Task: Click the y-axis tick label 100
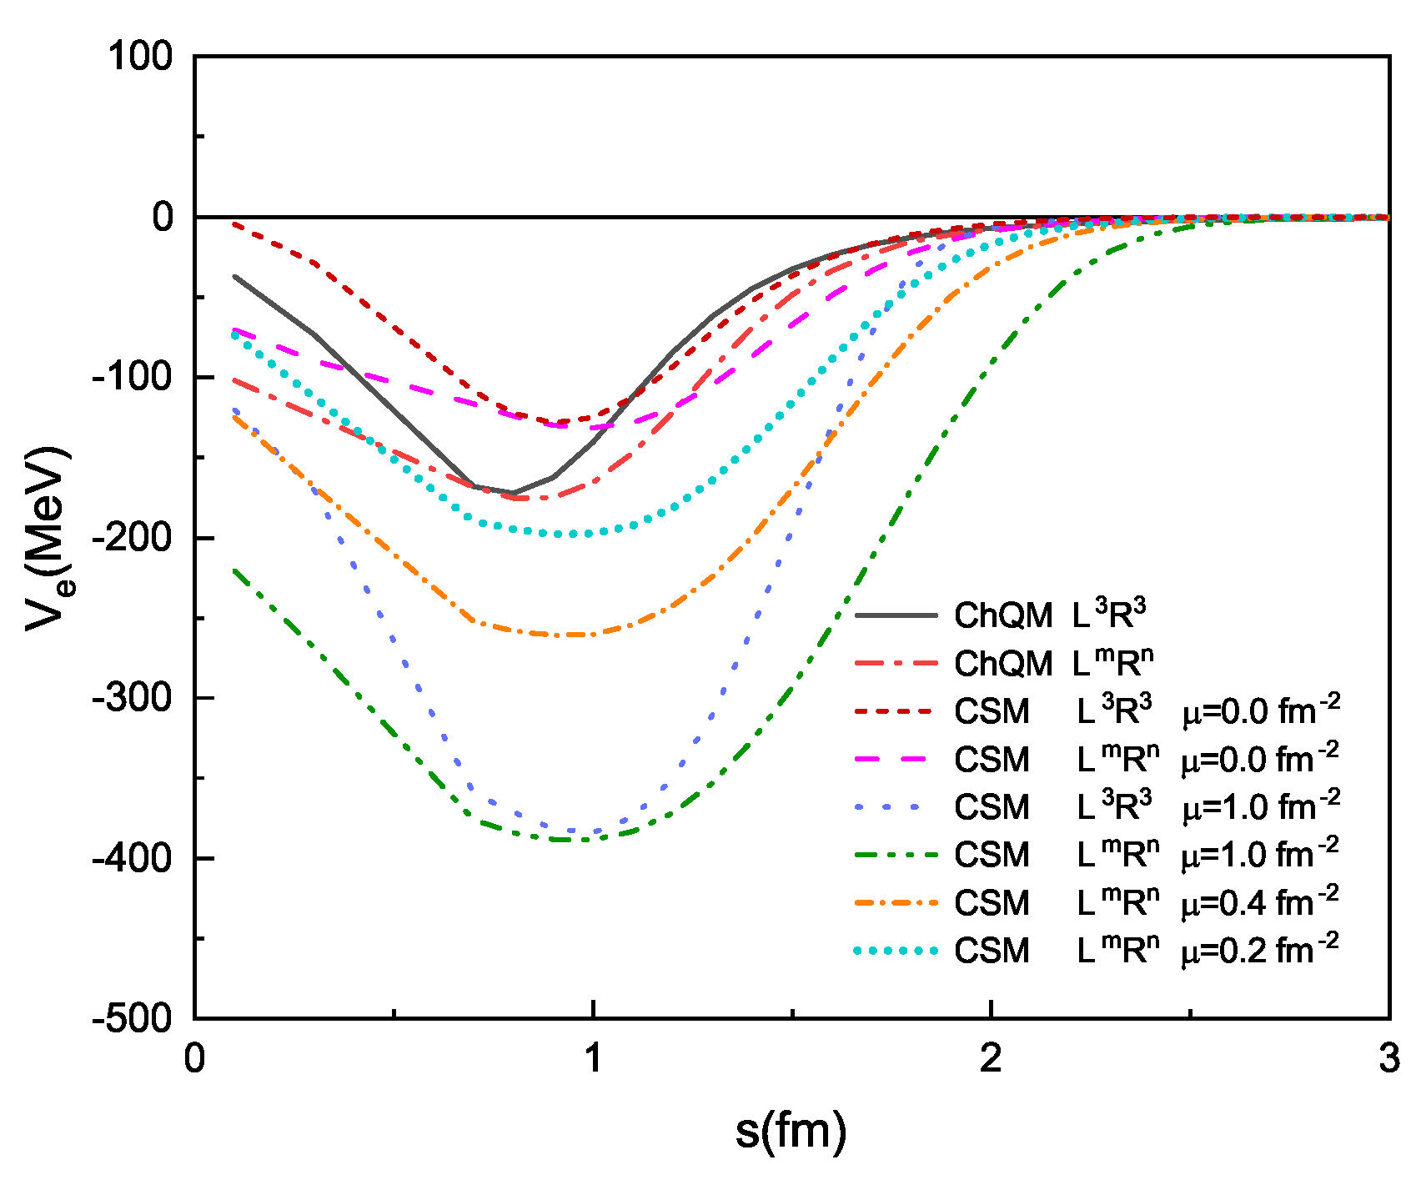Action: [x=140, y=57]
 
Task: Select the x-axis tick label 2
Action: [x=991, y=1058]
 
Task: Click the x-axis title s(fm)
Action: [x=791, y=1130]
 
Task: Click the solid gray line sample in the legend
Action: [x=896, y=615]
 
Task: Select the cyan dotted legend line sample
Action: [x=896, y=951]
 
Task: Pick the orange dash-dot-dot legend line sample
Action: [x=896, y=902]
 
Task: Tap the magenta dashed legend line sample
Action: [x=896, y=759]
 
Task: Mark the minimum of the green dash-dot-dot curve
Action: [x=567, y=840]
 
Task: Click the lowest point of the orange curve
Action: [x=567, y=635]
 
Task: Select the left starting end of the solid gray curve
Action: [x=235, y=276]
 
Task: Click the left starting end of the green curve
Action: [x=235, y=570]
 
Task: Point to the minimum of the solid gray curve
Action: [x=514, y=493]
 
